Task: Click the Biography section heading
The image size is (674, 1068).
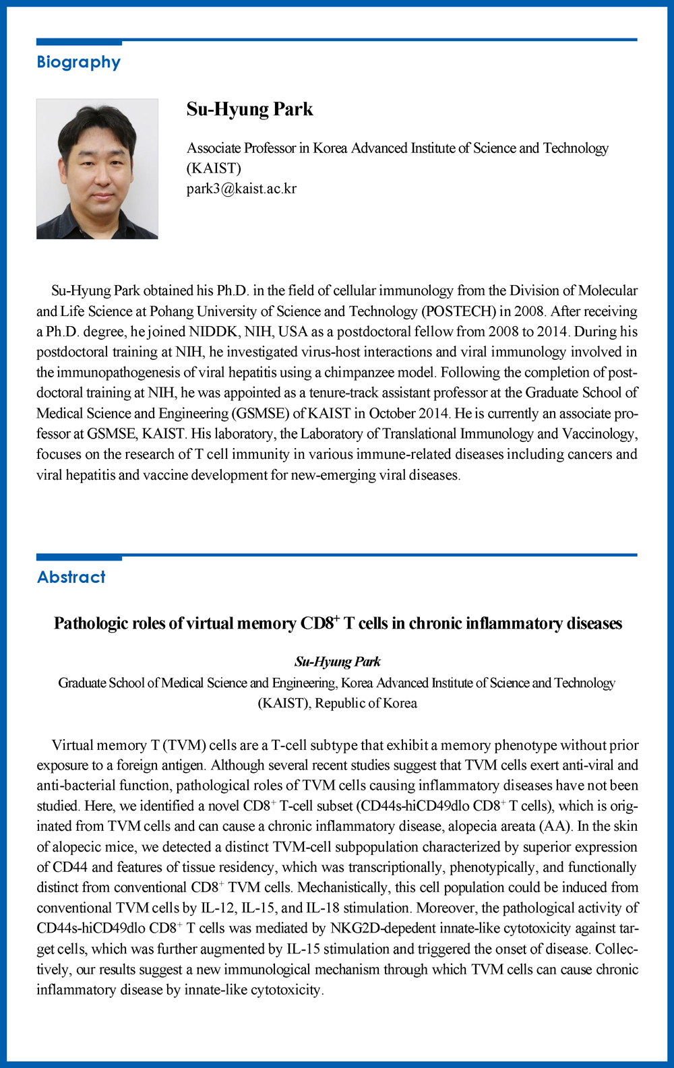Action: click(x=78, y=63)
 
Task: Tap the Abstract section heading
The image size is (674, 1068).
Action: click(x=71, y=577)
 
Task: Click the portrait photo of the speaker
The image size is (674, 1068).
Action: click(x=97, y=169)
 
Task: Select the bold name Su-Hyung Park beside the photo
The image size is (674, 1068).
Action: click(x=249, y=109)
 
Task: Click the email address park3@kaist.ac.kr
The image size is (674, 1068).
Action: click(x=241, y=189)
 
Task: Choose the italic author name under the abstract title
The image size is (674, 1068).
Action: click(x=337, y=662)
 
